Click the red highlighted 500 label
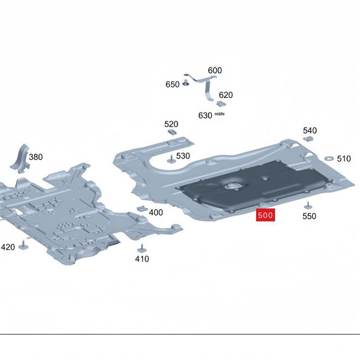[265, 215]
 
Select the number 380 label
[36, 157]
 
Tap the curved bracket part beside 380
[20, 159]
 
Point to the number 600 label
[215, 70]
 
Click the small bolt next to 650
[186, 82]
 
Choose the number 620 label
[226, 95]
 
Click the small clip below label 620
[221, 103]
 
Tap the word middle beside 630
[219, 113]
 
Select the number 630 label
[205, 115]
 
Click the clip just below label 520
[172, 132]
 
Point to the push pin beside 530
[171, 159]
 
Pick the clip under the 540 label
[309, 138]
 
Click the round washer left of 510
[329, 159]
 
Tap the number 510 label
[344, 159]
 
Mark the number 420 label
[8, 247]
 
